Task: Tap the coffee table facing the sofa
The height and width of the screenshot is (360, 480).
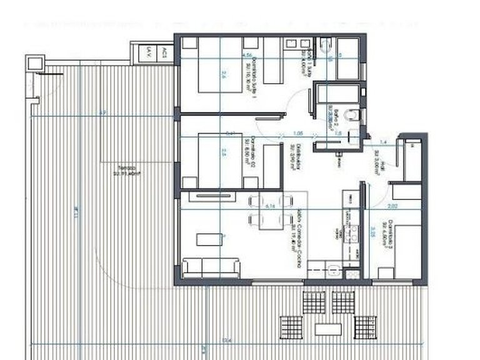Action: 206,239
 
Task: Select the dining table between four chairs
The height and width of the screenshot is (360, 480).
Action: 271,211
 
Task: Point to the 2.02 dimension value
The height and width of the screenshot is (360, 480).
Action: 393,204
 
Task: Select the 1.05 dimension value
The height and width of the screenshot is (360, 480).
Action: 297,133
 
